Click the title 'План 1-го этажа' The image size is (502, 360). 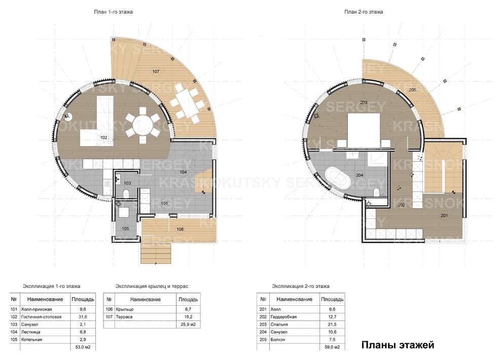coord(114,11)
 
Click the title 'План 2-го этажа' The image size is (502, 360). coord(364,11)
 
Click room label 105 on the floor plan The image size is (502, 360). coord(125,229)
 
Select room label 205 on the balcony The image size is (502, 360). coord(412,90)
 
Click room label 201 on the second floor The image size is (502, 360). coord(445,215)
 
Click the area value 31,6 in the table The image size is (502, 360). coord(82,317)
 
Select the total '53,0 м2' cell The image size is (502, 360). coord(82,347)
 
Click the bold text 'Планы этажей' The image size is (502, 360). coord(397,346)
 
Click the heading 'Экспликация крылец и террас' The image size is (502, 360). coord(152,286)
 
